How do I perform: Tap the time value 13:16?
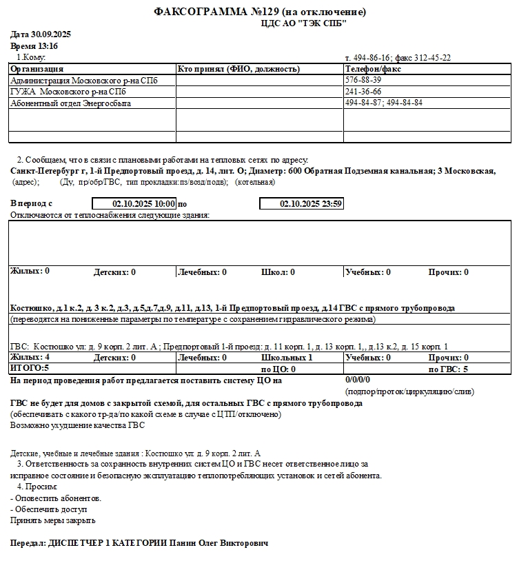click(47, 46)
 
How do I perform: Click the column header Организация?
click(37, 69)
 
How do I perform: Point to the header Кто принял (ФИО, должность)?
click(238, 69)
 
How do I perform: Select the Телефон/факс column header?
click(373, 69)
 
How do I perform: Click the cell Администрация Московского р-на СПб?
click(83, 81)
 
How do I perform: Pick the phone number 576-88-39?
click(363, 80)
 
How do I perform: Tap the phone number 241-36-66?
click(363, 92)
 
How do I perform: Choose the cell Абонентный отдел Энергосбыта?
click(70, 103)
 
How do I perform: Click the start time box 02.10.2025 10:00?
click(134, 204)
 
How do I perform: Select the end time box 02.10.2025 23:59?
click(301, 204)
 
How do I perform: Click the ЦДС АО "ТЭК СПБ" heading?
click(303, 23)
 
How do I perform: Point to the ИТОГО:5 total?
click(30, 369)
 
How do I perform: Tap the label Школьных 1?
click(287, 358)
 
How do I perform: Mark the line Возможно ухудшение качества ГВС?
click(78, 426)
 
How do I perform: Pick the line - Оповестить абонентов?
click(57, 498)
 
